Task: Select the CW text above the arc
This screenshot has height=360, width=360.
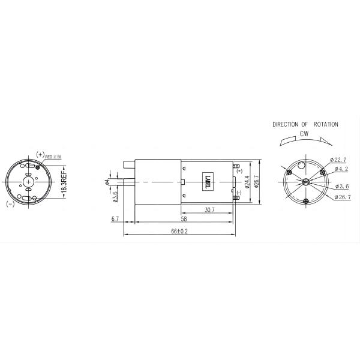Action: point(305,135)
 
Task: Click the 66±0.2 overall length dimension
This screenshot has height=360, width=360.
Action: point(179,231)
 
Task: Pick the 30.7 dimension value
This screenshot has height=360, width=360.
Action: point(209,209)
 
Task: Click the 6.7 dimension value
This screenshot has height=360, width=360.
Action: point(115,220)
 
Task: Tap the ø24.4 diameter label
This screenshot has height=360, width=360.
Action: point(247,182)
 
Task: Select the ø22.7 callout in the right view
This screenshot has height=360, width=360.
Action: point(339,160)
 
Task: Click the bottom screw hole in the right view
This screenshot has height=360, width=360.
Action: point(306,200)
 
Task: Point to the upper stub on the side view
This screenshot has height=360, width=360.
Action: point(128,164)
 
